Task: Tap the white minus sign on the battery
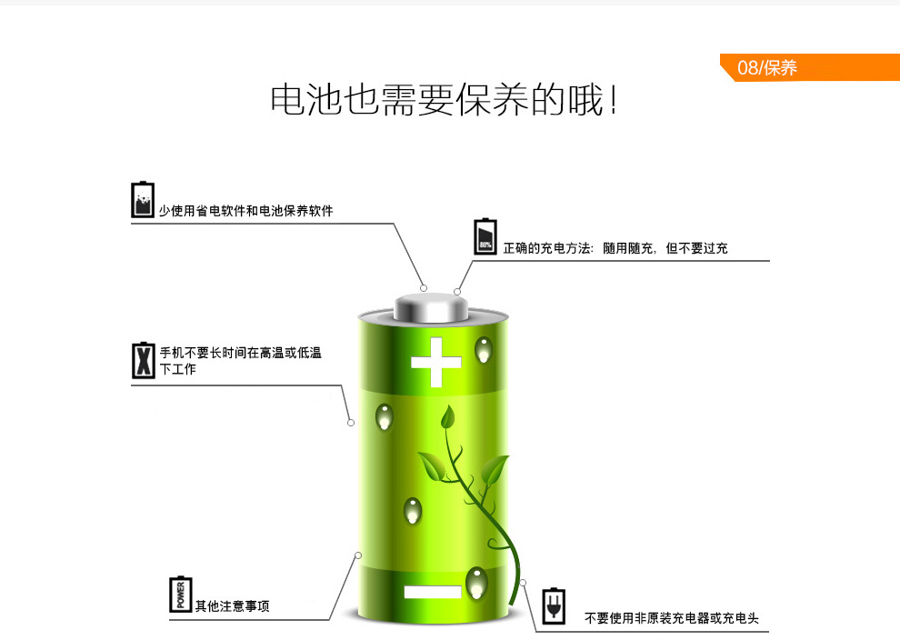pyautogui.click(x=433, y=592)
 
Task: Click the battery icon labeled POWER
pyautogui.click(x=181, y=595)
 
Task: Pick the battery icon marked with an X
pyautogui.click(x=143, y=360)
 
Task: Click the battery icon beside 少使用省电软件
pyautogui.click(x=143, y=200)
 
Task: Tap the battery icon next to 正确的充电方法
pyautogui.click(x=486, y=236)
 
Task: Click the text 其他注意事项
pyautogui.click(x=233, y=606)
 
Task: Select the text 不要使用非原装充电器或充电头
pyautogui.click(x=671, y=618)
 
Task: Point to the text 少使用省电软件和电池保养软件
pyautogui.click(x=246, y=211)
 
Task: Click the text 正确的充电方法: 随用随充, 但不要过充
pyautogui.click(x=615, y=247)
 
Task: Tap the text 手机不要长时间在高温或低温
pyautogui.click(x=241, y=353)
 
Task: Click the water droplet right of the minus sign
pyautogui.click(x=475, y=582)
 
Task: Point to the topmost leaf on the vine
pyautogui.click(x=446, y=417)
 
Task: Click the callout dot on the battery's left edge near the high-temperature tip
pyautogui.click(x=351, y=422)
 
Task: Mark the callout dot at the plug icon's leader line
pyautogui.click(x=524, y=582)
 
